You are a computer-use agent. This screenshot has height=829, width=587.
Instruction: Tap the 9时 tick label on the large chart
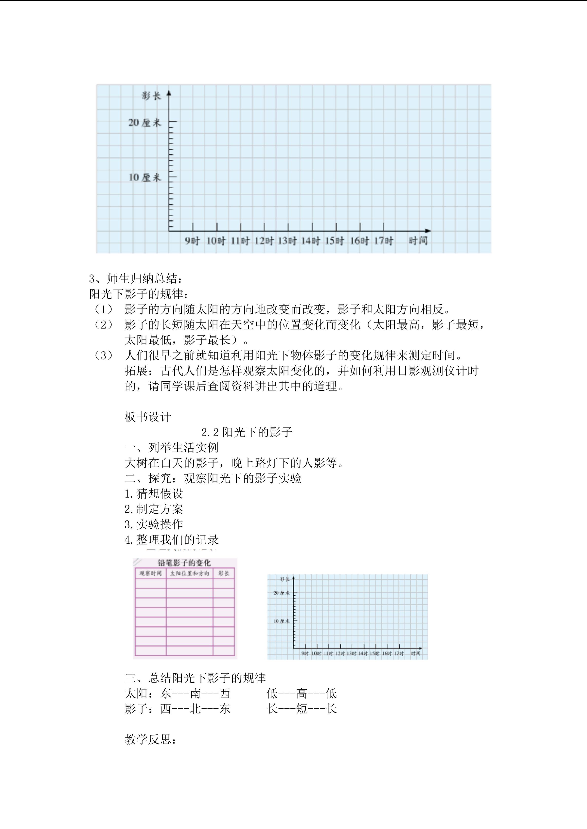(x=192, y=241)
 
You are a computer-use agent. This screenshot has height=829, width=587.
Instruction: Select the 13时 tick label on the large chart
(x=287, y=241)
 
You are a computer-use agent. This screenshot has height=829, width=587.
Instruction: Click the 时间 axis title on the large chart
(x=418, y=241)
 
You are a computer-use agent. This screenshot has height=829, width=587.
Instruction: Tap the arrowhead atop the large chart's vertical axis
(x=169, y=94)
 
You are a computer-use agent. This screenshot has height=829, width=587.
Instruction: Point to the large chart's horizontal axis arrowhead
(x=428, y=231)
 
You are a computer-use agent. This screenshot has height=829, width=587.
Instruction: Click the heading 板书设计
(x=148, y=417)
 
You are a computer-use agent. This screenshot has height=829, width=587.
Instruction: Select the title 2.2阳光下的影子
(x=247, y=432)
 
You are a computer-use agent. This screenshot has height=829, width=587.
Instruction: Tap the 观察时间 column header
(x=150, y=573)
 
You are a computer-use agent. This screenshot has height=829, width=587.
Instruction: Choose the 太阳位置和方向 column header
(x=189, y=573)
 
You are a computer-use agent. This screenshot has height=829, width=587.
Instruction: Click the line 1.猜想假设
(x=154, y=494)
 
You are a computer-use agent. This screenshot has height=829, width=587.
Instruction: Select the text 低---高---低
(x=302, y=694)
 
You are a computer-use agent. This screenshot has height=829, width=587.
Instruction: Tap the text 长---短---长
(x=302, y=709)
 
